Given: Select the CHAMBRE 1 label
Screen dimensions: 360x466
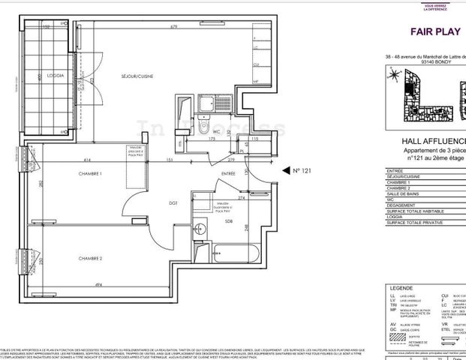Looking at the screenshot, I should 89,173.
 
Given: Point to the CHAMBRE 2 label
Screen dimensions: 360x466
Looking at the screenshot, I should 89,257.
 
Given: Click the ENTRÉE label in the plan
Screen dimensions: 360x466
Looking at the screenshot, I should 228,173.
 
